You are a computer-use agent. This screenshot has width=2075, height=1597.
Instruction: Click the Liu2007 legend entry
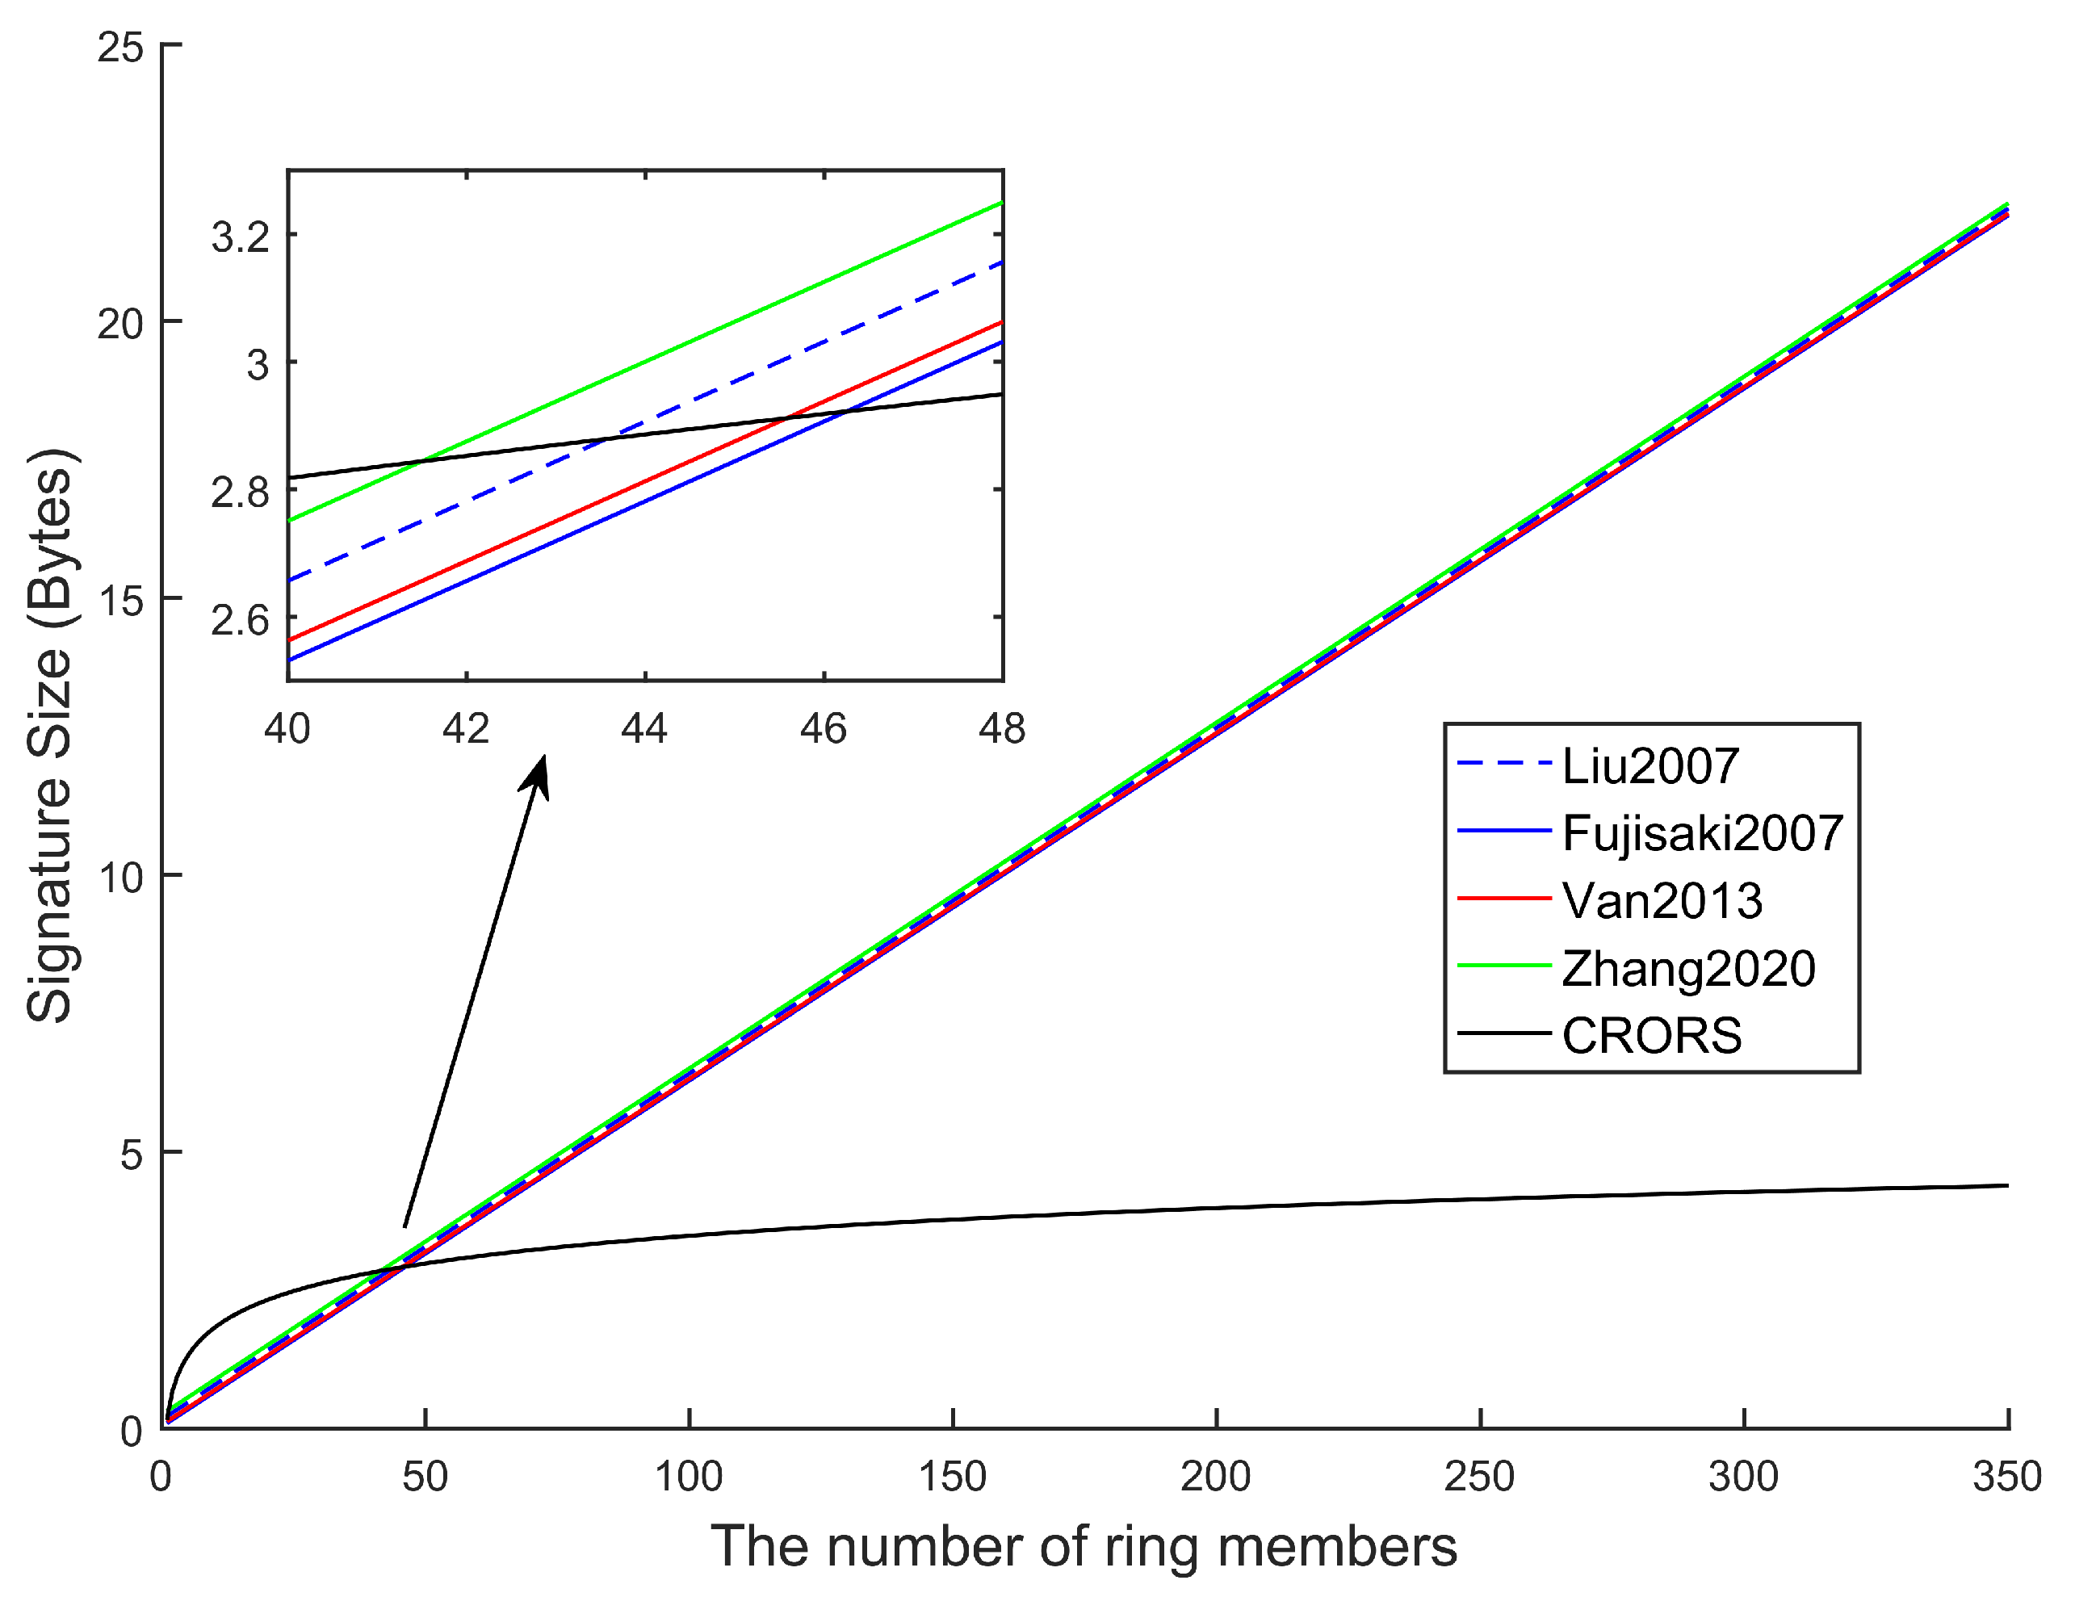coord(1650,765)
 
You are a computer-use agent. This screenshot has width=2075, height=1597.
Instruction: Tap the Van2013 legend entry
coord(1662,900)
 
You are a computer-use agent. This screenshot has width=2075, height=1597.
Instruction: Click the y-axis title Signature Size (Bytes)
coord(49,736)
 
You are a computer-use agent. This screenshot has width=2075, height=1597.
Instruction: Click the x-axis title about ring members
coord(1083,1545)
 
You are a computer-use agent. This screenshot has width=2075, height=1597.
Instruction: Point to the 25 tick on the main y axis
coord(120,47)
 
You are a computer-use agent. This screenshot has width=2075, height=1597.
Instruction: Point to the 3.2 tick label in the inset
coord(241,236)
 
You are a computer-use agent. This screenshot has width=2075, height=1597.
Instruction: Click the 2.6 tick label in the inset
coord(241,619)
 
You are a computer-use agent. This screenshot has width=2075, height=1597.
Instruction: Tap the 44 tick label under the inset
coord(644,729)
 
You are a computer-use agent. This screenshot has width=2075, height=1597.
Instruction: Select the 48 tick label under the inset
coord(1001,729)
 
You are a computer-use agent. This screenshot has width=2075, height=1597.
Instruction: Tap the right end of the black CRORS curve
coord(2005,1185)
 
